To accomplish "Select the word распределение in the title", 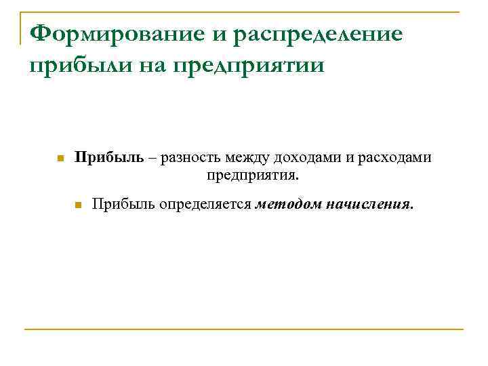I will coord(318,34).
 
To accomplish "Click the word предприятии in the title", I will coord(250,66).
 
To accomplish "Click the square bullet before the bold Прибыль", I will coord(60,159).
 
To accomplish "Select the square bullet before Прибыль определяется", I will coord(78,205).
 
